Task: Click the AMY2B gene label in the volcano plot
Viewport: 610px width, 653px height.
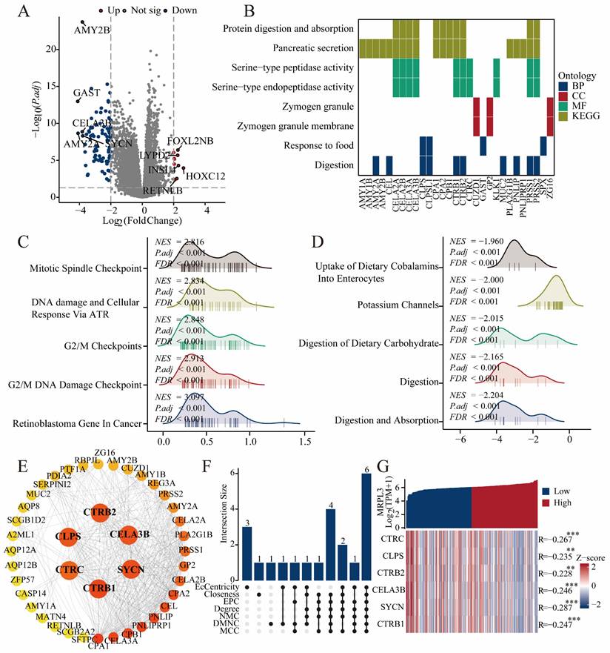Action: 91,30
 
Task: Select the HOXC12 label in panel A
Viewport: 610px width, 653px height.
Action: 205,176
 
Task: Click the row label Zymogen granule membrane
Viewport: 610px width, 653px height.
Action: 287,126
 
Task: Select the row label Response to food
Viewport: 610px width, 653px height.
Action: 311,145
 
